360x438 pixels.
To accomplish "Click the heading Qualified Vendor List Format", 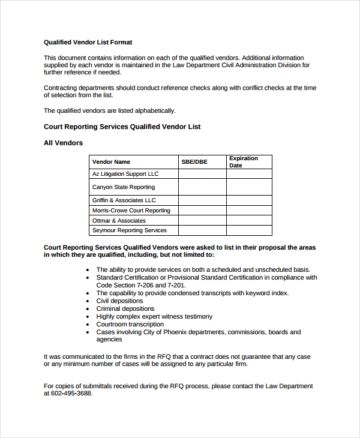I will (88, 43).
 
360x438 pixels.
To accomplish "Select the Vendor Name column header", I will (111, 162).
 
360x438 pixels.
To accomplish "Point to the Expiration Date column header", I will (244, 162).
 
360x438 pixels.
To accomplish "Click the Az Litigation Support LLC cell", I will (125, 174).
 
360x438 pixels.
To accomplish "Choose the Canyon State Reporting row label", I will (124, 187).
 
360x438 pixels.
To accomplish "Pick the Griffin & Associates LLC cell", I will (124, 200).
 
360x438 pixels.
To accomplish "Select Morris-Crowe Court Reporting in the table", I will (131, 211).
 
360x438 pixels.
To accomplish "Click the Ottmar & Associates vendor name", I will (119, 221).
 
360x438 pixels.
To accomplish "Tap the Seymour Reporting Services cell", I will (130, 230).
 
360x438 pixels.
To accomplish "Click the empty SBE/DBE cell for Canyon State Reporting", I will (202, 187).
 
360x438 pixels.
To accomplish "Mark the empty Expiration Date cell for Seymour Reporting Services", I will (249, 230).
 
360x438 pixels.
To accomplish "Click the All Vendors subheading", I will (64, 143).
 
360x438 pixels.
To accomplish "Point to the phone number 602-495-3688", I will (71, 394).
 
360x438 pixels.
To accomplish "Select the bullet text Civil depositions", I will (119, 301).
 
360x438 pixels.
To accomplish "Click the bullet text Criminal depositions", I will (125, 309).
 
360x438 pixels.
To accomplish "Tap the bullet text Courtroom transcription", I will (130, 325).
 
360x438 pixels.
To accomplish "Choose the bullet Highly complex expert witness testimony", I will (154, 317).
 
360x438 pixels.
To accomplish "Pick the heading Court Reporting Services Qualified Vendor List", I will (122, 127).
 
